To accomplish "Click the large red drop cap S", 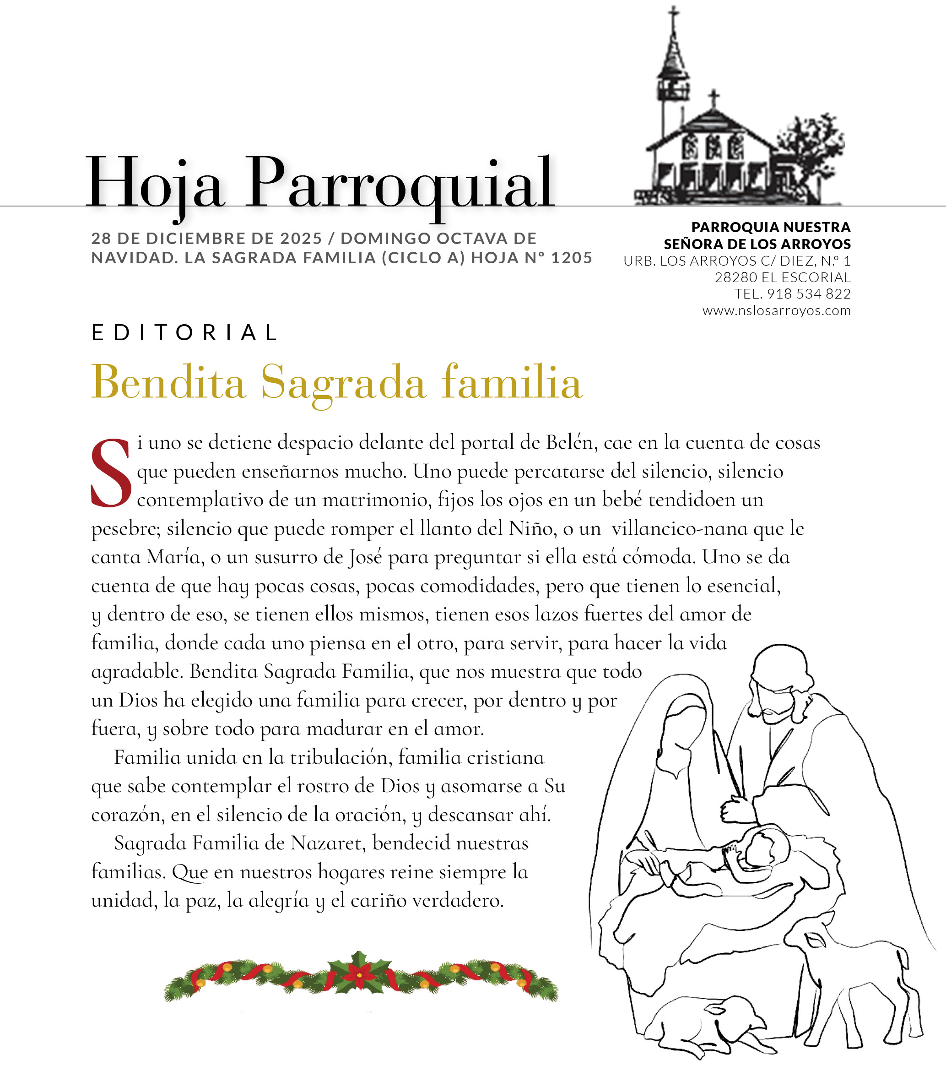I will click(111, 473).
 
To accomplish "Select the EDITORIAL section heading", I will click(184, 333).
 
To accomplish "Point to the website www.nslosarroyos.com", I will click(777, 310).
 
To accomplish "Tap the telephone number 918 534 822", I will click(809, 294).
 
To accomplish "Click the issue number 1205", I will click(571, 258).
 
